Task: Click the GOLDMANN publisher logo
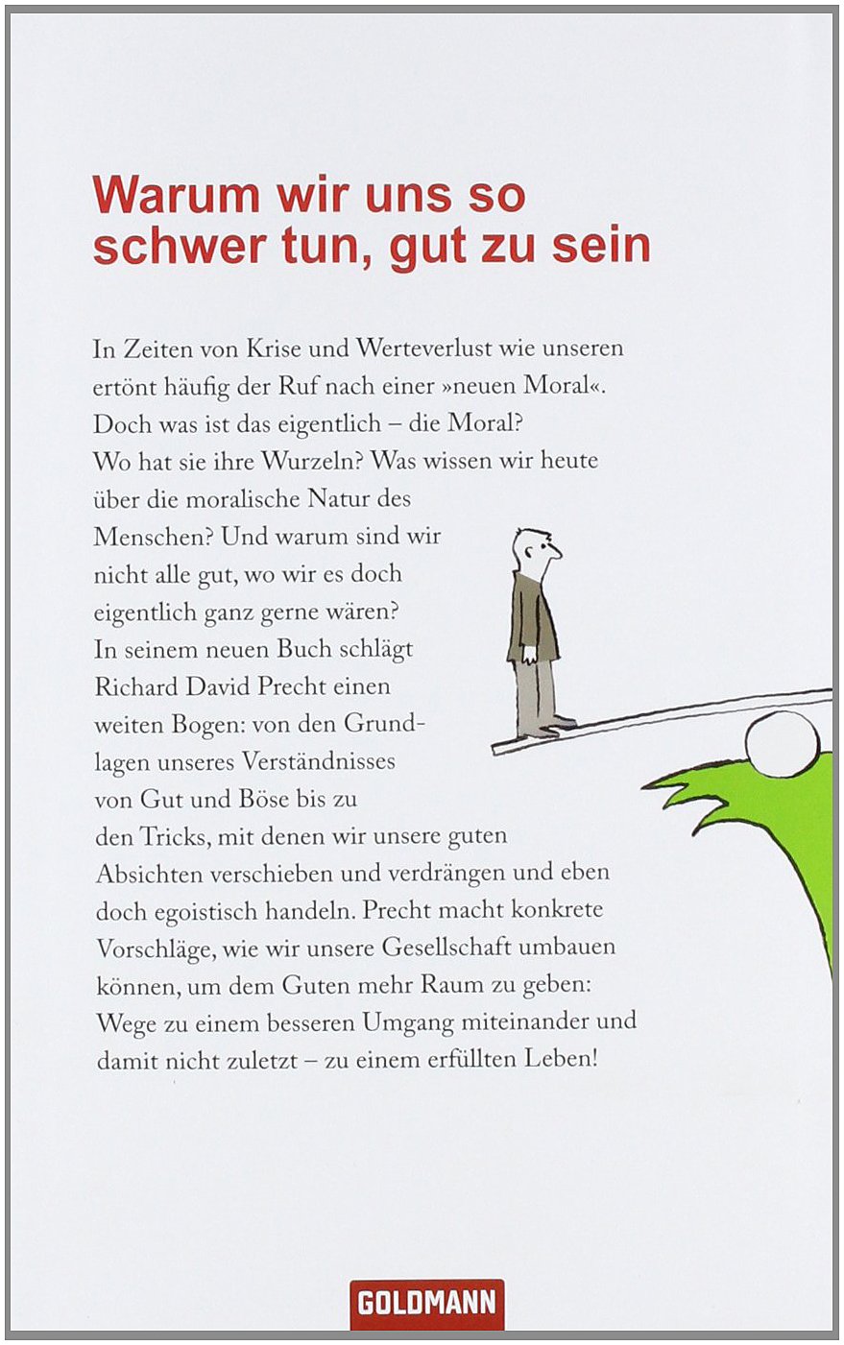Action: click(426, 1304)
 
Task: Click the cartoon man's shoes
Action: click(552, 726)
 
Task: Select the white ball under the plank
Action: click(784, 744)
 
